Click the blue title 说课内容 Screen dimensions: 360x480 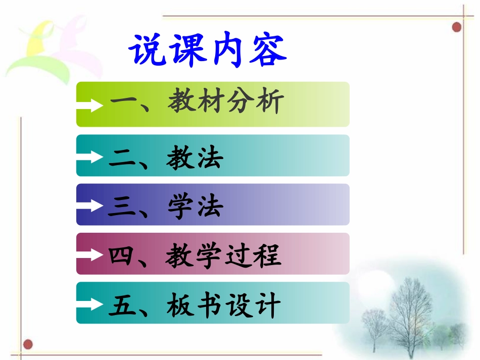208,50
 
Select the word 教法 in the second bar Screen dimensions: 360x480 195,159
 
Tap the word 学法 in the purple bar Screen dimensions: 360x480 195,208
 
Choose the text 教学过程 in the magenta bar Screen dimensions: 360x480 223,256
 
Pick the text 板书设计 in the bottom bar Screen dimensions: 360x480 223,305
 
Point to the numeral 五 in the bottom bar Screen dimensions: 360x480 122,305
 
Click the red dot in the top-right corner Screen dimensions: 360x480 457,26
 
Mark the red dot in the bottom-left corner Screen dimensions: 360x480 28,345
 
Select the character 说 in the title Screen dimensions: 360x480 147,51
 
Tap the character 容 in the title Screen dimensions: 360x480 268,51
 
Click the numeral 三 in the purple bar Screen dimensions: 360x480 122,208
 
